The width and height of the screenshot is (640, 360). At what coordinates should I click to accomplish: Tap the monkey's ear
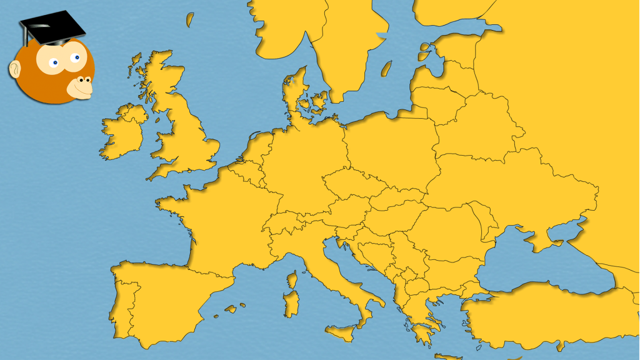click(x=17, y=69)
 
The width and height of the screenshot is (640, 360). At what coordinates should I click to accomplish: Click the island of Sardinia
click(x=291, y=302)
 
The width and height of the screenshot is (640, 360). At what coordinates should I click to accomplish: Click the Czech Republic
click(x=347, y=185)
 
